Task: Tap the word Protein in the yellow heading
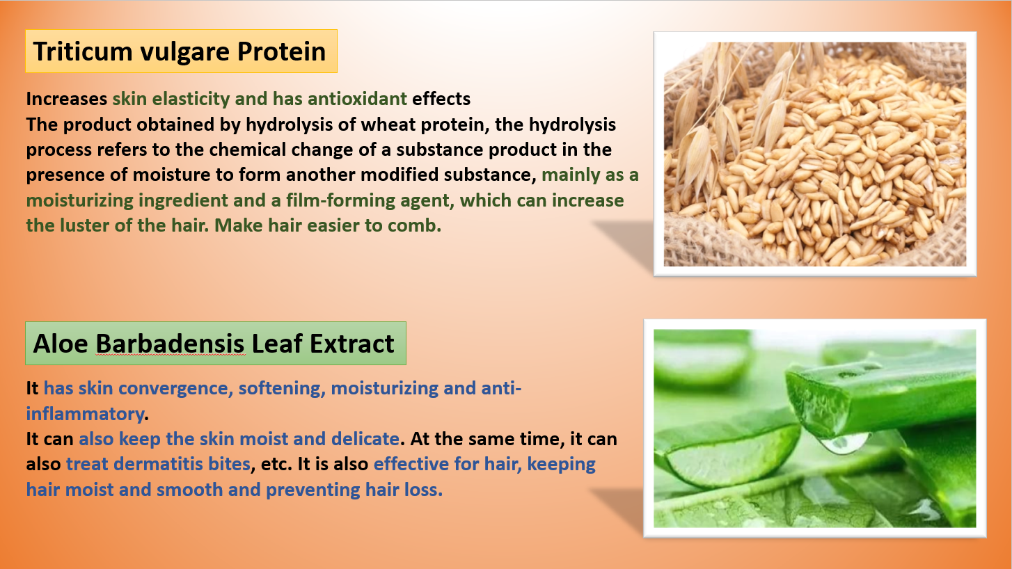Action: pos(281,51)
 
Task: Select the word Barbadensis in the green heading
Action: pos(171,344)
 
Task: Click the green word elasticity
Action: pos(191,99)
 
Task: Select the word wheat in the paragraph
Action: pos(388,125)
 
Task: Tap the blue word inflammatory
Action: pos(86,414)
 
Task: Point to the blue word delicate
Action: pos(365,439)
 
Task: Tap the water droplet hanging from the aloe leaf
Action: pos(844,443)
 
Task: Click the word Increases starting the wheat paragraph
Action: pos(66,99)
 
